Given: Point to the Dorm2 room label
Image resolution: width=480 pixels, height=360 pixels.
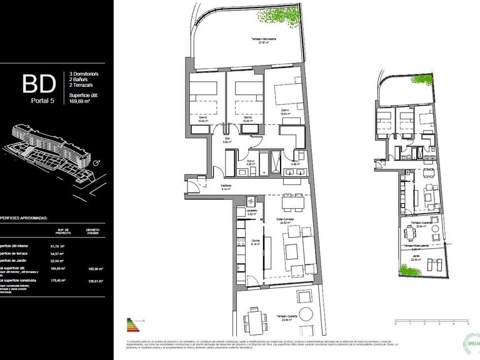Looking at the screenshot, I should pyautogui.click(x=247, y=117).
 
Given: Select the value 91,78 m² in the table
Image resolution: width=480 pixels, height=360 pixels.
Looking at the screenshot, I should pyautogui.click(x=60, y=246).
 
